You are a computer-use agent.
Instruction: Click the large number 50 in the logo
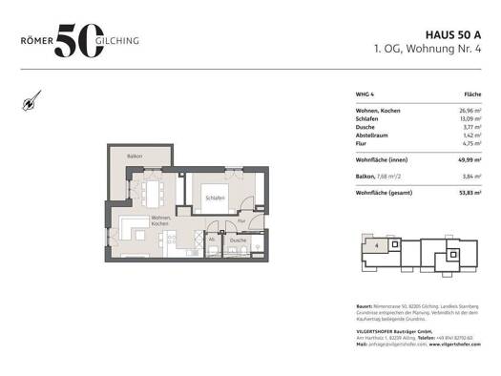pyautogui.click(x=80, y=41)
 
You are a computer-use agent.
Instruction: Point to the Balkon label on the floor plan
pyautogui.click(x=136, y=156)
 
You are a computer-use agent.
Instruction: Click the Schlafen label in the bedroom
pyautogui.click(x=214, y=198)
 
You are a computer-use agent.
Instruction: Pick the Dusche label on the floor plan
pyautogui.click(x=237, y=240)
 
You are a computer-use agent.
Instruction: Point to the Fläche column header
pyautogui.click(x=471, y=95)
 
